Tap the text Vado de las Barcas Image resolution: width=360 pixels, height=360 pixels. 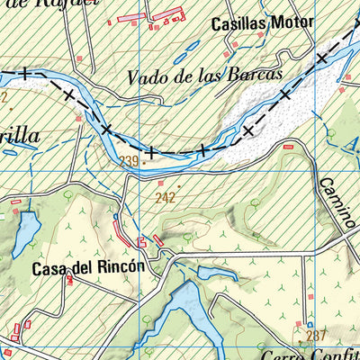204,76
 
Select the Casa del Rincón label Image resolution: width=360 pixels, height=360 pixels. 87,268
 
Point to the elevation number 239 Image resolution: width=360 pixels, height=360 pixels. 130,161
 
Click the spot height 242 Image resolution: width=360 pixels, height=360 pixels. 164,196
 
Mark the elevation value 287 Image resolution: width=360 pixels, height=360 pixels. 314,336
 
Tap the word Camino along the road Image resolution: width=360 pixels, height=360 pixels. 337,203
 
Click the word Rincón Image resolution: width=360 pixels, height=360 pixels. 120,268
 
